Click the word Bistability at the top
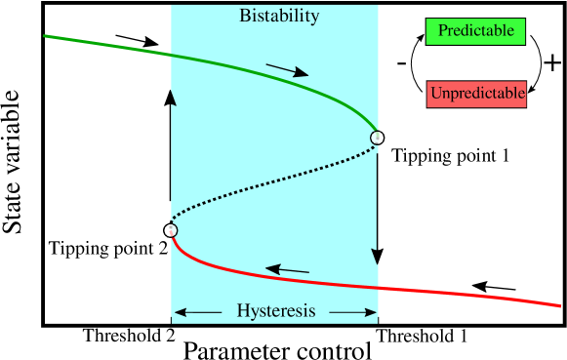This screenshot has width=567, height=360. coord(279,17)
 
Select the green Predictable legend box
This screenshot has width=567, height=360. coord(475,31)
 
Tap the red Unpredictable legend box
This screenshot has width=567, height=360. coord(476,94)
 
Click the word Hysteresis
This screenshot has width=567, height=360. coord(276,311)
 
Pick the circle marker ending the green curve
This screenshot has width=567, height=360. coord(377,138)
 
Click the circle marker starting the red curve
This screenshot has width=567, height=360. coord(171,230)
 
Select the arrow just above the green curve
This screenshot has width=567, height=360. coord(287,70)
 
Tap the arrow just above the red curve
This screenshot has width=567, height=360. coord(287,269)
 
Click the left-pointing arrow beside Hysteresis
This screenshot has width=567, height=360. coord(196,312)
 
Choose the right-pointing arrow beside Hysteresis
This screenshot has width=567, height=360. coord(353,312)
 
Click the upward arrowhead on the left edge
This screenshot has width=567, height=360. coord(173,97)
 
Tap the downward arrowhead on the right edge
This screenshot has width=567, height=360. coord(376,256)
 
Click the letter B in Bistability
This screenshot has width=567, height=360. coord(245,17)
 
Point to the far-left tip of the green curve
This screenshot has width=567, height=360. coord(46,36)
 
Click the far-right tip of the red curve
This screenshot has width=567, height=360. coord(560,305)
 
